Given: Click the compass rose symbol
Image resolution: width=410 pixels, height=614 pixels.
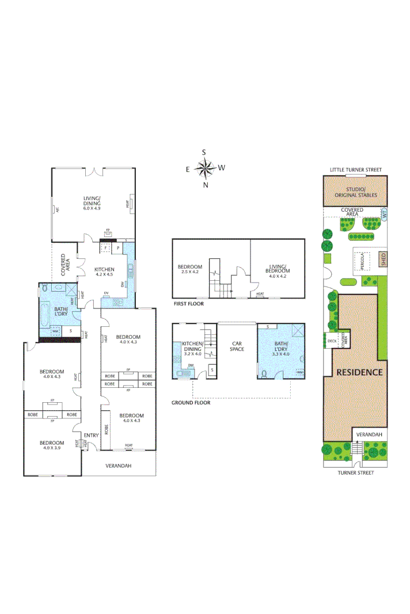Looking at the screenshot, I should coord(204,168).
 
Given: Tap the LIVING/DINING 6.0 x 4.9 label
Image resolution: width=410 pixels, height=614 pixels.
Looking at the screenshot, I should coord(92,203).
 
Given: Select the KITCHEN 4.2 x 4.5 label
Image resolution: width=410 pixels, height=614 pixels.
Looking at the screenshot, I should coord(104,272).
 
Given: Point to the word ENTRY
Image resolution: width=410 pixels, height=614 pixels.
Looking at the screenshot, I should coord(91,435).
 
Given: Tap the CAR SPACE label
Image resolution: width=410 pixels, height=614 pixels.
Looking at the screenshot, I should coord(237,346).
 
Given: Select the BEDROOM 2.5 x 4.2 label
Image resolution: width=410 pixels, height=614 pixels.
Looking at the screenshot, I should coord(189,270).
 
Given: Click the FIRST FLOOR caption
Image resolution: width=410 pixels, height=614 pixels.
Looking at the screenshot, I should coord(188,303).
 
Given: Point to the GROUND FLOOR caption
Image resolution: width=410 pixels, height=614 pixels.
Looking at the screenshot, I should coord(191,403).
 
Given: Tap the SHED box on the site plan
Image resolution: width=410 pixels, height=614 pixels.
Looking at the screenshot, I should coord(383,260).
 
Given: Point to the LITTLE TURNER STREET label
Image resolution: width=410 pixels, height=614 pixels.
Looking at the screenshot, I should coord(355,170).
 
